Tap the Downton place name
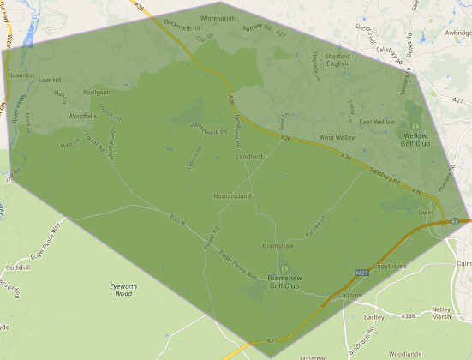pos(21,75)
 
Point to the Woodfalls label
pos(83,115)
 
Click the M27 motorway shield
pos(361,273)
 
